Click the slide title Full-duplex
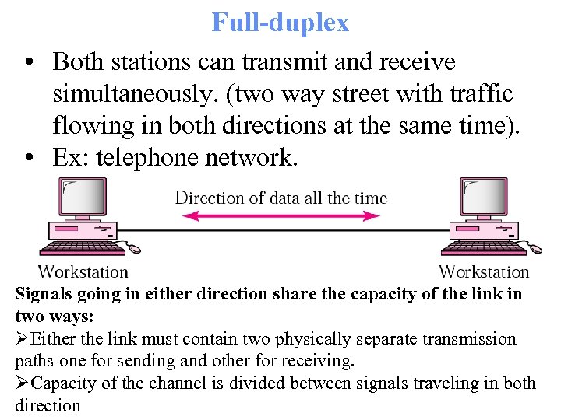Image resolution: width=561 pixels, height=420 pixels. click(280, 22)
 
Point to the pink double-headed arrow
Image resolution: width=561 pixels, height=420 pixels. click(280, 216)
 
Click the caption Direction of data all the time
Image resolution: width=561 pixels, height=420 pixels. click(280, 197)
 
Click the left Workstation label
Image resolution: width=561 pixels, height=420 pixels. click(83, 271)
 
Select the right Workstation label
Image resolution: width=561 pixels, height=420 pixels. click(484, 271)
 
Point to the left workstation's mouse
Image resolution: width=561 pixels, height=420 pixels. click(135, 249)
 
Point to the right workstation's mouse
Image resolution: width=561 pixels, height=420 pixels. click(535, 249)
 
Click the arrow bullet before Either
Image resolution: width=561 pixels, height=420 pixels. click(22, 339)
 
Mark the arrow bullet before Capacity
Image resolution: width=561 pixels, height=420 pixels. click(22, 383)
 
